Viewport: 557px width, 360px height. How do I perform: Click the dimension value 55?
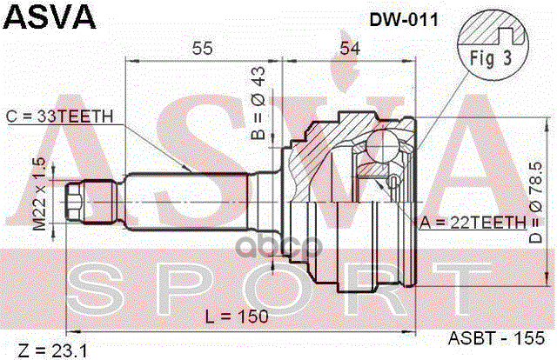point(204,49)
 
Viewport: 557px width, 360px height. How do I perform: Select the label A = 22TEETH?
point(473,223)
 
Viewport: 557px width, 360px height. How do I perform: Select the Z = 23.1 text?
point(51,350)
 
